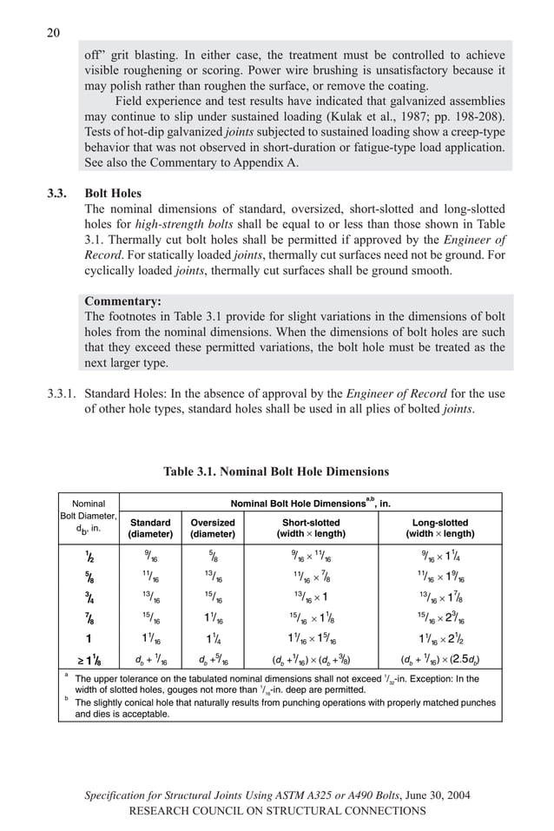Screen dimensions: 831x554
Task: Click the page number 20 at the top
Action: tap(52, 33)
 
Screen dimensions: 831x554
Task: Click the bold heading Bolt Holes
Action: tap(113, 194)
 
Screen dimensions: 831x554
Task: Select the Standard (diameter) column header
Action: tap(149, 528)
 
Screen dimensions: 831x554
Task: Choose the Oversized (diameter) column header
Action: tap(212, 528)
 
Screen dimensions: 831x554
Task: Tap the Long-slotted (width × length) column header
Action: tap(439, 528)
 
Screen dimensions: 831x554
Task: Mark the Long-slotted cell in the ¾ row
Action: tap(439, 599)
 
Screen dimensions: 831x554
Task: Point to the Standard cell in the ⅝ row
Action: tap(149, 578)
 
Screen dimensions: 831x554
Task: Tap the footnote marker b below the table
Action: tap(66, 698)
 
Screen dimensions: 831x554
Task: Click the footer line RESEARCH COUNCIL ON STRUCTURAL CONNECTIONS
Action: tap(276, 810)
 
